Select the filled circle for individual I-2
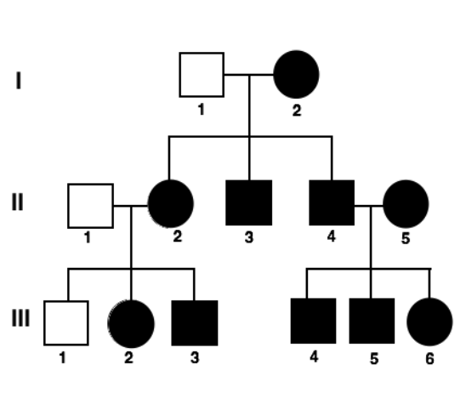[x=296, y=74]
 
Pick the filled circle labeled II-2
[x=171, y=203]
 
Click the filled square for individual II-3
[x=249, y=202]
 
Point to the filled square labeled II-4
[x=332, y=202]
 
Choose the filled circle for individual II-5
[x=406, y=203]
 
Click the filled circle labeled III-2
[x=131, y=324]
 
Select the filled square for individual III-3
[x=195, y=323]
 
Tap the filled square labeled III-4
[x=313, y=321]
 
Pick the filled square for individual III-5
[x=372, y=321]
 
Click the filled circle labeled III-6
[x=429, y=322]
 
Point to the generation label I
[x=19, y=80]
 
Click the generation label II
[x=18, y=202]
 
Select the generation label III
[x=20, y=318]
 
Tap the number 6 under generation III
[x=429, y=358]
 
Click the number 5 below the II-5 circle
[x=406, y=238]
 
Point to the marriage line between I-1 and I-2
[x=249, y=75]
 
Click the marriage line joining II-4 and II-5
[x=369, y=205]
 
